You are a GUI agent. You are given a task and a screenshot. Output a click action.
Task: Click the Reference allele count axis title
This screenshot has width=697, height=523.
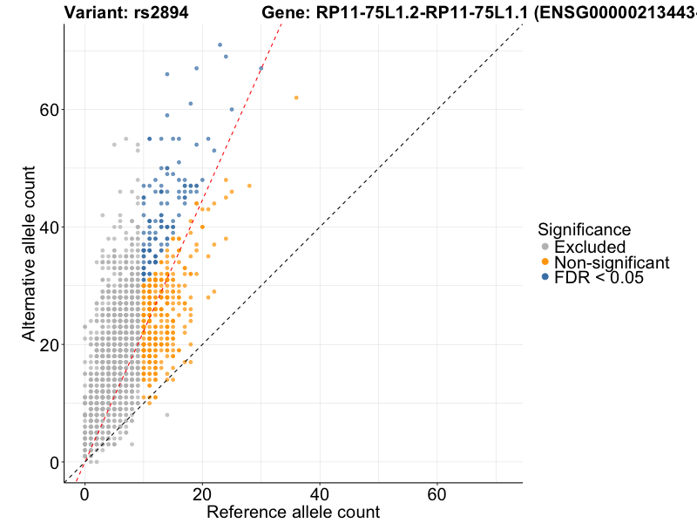(x=293, y=512)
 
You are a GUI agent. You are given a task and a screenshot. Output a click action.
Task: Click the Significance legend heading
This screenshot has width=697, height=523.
(x=585, y=230)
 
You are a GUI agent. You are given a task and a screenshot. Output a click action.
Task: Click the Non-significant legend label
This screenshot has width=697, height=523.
(x=612, y=262)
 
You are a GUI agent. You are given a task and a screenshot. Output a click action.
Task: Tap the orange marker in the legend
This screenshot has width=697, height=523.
(x=545, y=262)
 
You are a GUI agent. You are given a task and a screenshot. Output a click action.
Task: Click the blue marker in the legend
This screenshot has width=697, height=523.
(x=545, y=277)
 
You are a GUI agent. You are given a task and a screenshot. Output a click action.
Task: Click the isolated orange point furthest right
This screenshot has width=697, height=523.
(x=296, y=98)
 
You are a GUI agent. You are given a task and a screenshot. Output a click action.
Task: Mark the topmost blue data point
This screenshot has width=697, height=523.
(x=220, y=44)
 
